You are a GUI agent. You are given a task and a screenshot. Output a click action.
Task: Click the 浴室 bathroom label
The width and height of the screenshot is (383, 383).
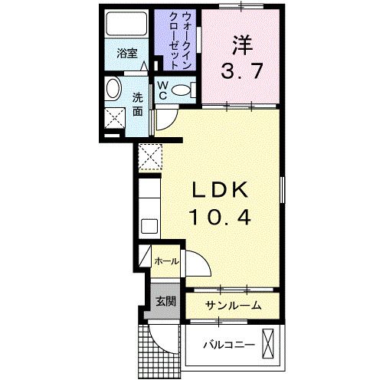tap(126, 54)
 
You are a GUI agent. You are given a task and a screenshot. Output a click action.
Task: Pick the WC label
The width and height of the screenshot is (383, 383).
tap(164, 90)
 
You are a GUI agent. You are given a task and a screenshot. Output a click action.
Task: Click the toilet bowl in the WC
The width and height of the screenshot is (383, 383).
tap(182, 90)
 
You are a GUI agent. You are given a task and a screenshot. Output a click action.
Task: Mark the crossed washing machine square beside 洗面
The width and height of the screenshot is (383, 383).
tap(116, 118)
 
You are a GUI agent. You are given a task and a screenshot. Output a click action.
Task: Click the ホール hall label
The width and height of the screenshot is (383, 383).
tap(166, 261)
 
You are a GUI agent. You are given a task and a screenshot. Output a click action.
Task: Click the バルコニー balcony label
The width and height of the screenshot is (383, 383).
tap(228, 344)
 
